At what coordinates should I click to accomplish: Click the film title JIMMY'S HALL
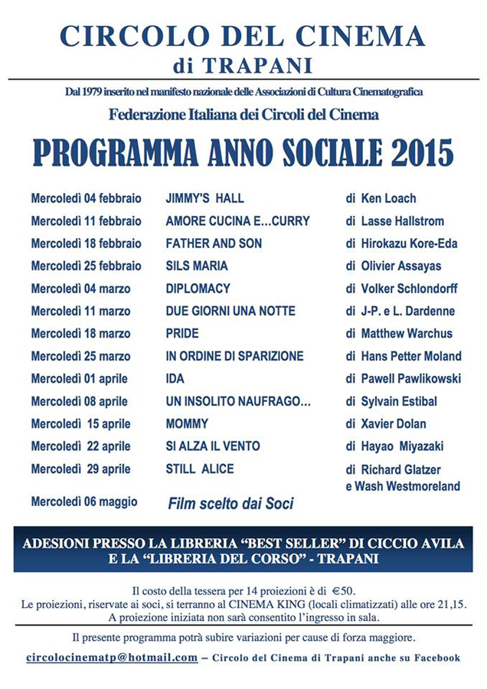(x=204, y=198)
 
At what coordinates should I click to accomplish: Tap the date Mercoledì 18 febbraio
(x=86, y=243)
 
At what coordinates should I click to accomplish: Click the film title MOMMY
(x=187, y=423)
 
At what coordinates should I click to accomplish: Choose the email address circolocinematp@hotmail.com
(x=112, y=658)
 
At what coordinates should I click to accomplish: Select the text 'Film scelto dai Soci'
(x=230, y=504)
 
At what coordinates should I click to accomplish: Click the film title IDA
(x=175, y=378)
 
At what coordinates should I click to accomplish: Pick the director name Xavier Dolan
(x=394, y=423)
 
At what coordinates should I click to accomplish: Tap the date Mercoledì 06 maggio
(x=84, y=502)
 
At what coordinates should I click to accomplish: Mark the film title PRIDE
(x=182, y=334)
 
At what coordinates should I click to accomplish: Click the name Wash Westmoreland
(x=407, y=486)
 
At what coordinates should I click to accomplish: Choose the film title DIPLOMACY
(x=198, y=289)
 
